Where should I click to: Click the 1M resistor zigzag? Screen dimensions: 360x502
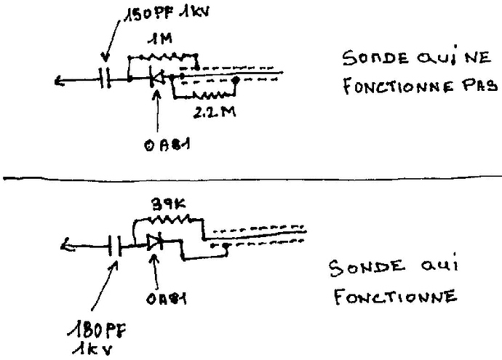164,55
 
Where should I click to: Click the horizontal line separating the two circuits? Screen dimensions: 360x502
251,175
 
